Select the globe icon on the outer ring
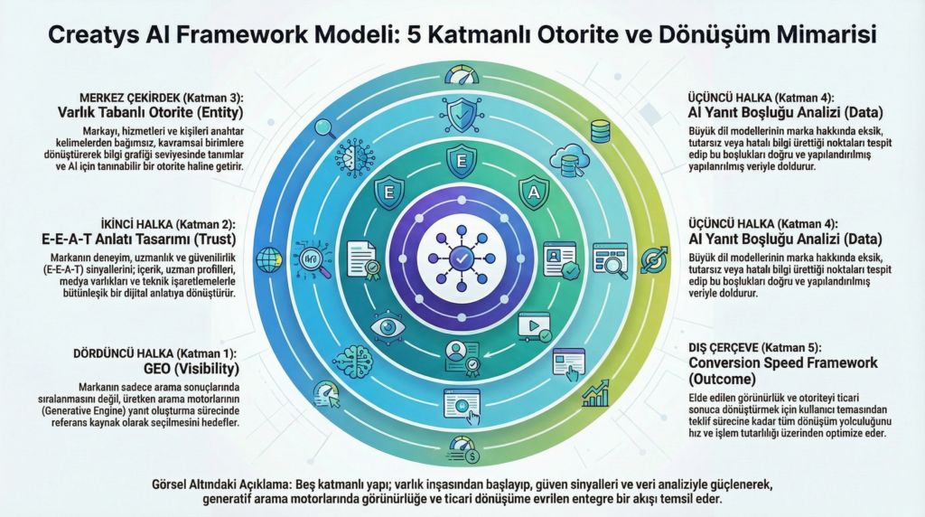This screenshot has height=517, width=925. (x=268, y=259)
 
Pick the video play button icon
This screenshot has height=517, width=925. (x=534, y=324)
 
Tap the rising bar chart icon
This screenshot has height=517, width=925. (x=596, y=392)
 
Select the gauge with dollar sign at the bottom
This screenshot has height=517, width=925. (x=460, y=446)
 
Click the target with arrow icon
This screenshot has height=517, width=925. (x=653, y=259)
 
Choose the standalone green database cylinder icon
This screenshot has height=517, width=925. (x=599, y=132)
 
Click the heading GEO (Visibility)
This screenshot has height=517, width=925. (x=192, y=369)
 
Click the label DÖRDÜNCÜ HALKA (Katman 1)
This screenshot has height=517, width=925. (x=157, y=352)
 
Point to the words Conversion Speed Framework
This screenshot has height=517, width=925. (x=777, y=362)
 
